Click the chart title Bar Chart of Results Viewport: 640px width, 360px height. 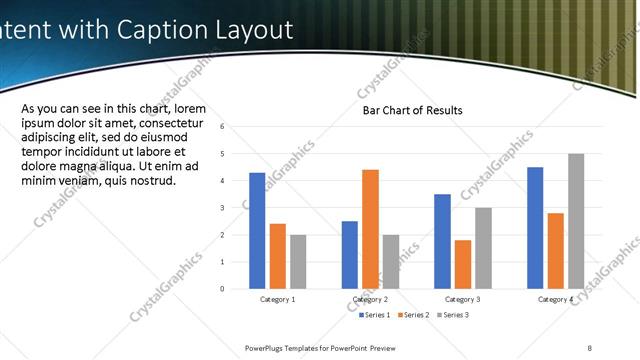click(x=412, y=110)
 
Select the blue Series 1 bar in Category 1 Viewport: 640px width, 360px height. click(x=257, y=231)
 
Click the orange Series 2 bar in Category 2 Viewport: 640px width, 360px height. click(x=370, y=229)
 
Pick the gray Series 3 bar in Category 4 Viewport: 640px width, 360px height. click(x=576, y=221)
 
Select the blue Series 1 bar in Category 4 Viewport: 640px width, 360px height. click(x=535, y=228)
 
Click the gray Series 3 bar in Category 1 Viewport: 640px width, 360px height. click(x=299, y=262)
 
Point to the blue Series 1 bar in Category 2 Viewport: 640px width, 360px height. click(x=349, y=255)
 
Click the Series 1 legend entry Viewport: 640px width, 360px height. click(x=376, y=315)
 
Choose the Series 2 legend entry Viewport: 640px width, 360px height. click(x=414, y=315)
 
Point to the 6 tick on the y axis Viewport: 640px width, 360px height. click(x=236, y=127)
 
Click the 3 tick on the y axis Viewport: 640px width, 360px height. click(x=236, y=208)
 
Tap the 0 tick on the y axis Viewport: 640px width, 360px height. click(x=236, y=289)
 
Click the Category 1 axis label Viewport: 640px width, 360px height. click(x=278, y=299)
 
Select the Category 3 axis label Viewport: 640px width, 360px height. click(x=463, y=299)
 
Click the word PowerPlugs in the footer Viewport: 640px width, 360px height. click(x=267, y=347)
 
